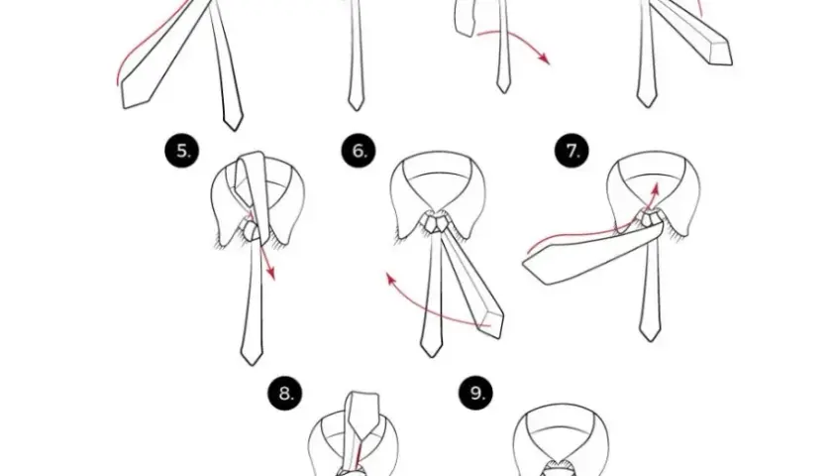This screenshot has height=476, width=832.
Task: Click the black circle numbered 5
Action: click(x=182, y=151)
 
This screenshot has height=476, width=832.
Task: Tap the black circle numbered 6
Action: click(x=359, y=151)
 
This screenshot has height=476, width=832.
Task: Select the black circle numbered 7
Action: click(x=572, y=151)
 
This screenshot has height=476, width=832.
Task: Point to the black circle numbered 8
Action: click(x=285, y=394)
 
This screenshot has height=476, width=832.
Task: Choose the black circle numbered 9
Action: click(x=476, y=393)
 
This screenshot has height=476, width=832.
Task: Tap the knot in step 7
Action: click(x=649, y=218)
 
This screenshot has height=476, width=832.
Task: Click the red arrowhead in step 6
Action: click(x=390, y=278)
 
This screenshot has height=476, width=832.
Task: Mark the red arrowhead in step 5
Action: click(x=271, y=273)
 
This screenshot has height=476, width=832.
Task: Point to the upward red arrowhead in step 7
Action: click(x=656, y=188)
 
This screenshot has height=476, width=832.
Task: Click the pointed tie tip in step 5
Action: click(x=252, y=365)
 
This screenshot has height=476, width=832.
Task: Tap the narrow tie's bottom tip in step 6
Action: click(x=432, y=356)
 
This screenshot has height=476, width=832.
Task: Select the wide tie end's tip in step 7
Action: click(x=523, y=262)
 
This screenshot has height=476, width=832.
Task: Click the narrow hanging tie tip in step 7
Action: click(x=650, y=340)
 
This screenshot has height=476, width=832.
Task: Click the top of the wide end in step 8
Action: click(x=364, y=394)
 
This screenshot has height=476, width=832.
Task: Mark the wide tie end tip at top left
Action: click(x=123, y=108)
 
